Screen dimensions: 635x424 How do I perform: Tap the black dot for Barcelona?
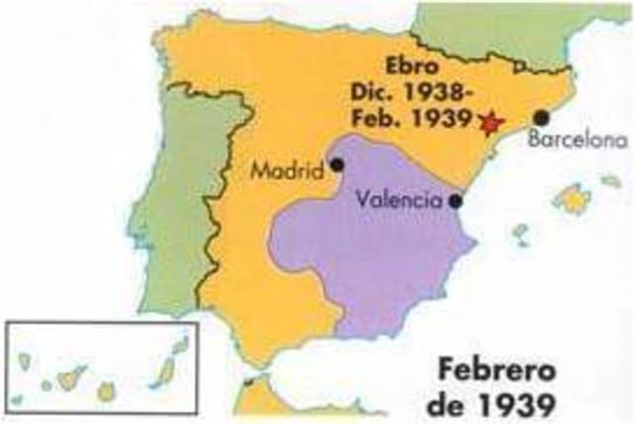coord(542,117)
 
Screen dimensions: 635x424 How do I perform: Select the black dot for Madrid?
coord(337,165)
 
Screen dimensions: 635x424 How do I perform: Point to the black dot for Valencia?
coord(454,201)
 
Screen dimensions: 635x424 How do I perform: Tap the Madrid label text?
coord(287,171)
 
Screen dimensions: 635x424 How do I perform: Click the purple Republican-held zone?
coord(367,248)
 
